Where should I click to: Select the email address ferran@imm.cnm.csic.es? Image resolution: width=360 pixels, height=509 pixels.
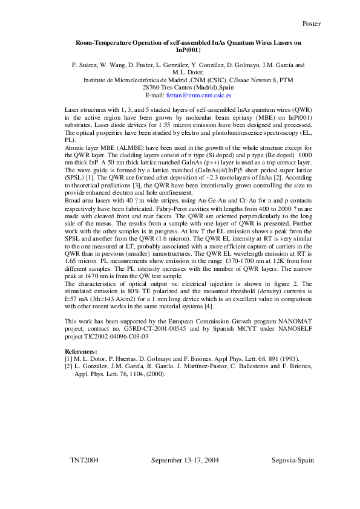[x=200, y=96]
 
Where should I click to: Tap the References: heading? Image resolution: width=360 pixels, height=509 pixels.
[x=81, y=351]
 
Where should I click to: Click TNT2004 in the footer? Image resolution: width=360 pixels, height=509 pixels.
[x=84, y=460]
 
